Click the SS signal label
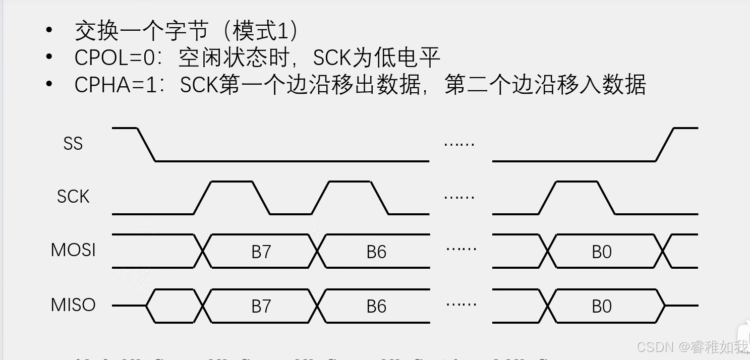[73, 144]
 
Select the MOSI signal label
[73, 250]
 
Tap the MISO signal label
[73, 305]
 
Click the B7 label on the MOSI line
[261, 252]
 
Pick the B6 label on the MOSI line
[376, 252]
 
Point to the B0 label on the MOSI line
[602, 252]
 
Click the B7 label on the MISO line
[261, 306]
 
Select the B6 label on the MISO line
[376, 306]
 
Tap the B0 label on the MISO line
[602, 306]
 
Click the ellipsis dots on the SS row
[459, 145]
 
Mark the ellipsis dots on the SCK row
[459, 197]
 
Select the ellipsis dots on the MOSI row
[461, 249]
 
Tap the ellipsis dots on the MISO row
[461, 304]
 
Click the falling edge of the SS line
[146, 145]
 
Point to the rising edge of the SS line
[665, 145]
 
